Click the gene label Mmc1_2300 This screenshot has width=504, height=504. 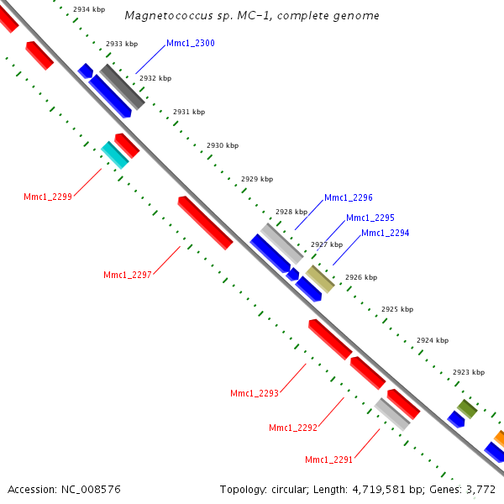pos(191,43)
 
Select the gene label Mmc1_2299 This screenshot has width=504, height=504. pos(48,197)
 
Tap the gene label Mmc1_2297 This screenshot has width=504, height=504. pos(128,275)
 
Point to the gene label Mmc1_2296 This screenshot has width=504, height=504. pos(349,197)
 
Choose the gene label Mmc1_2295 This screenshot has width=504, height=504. pos(370,218)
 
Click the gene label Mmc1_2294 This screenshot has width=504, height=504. pos(386,233)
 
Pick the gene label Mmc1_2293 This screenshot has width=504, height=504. pos(255,393)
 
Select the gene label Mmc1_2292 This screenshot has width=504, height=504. pos(293,428)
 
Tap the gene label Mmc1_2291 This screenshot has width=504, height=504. pos(329,459)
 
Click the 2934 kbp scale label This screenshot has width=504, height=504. pos(89,9)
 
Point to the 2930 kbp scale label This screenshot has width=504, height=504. pos(223,145)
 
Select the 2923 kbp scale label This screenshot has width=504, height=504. pos(469,371)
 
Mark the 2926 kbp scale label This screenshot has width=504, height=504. pos(361,277)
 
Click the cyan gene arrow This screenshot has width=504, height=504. pos(114,155)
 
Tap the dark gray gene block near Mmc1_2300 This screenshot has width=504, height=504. pos(123,87)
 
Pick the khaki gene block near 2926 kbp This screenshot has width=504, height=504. pos(319,278)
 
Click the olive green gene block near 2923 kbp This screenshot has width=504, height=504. pos(467,409)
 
